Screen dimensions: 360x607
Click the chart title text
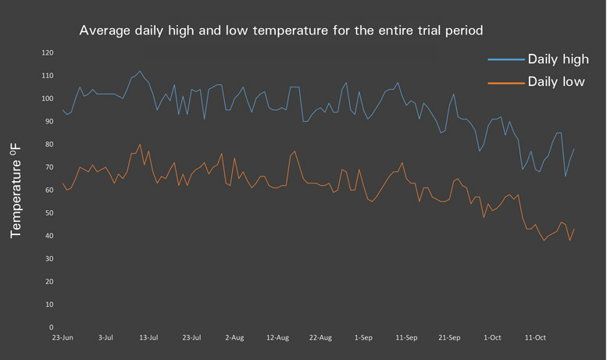point(281,31)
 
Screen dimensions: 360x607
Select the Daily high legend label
point(558,59)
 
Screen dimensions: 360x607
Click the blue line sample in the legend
point(505,59)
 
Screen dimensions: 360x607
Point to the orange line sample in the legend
point(505,82)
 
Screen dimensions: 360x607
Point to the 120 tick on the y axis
point(47,53)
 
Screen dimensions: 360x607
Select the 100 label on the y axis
point(47,98)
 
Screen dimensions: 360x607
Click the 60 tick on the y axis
point(48,190)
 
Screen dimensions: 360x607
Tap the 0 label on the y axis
point(51,327)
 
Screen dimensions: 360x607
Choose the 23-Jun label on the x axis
point(62,338)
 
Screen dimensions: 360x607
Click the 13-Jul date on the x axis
point(148,338)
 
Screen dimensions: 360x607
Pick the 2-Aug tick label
point(234,338)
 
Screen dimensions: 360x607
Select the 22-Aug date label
point(320,338)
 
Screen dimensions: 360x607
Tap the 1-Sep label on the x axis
point(363,338)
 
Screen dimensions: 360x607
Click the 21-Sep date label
point(449,338)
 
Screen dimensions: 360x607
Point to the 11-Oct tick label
point(535,338)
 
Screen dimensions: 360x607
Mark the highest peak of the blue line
point(140,72)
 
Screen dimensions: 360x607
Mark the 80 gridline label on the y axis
point(48,144)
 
